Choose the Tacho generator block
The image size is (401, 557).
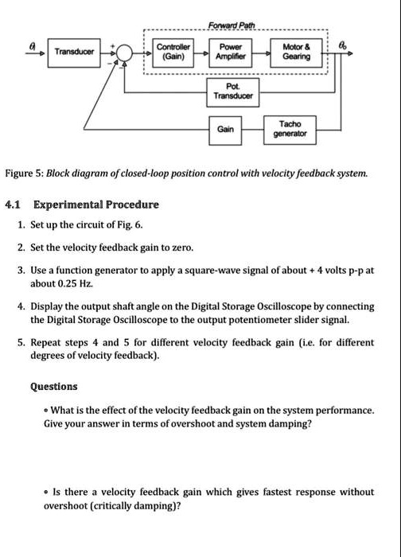(290, 129)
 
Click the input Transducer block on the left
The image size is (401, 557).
(73, 52)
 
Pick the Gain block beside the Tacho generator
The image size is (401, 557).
(226, 129)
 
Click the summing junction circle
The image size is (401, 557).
(125, 53)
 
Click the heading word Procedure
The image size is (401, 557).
(133, 204)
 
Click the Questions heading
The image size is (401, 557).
(53, 387)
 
